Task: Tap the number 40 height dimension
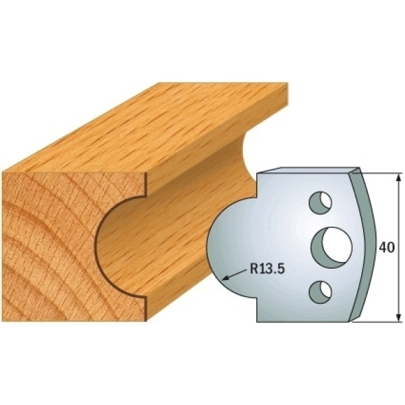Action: tap(387, 248)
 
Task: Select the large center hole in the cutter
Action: tap(332, 246)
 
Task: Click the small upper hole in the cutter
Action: tap(320, 202)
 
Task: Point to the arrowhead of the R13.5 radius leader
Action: tap(225, 278)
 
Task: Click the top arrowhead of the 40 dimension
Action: tap(398, 178)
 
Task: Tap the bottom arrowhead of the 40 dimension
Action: tap(398, 317)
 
